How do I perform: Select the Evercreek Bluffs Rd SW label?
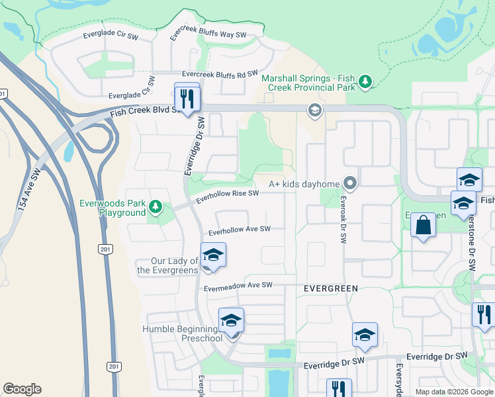click(x=220, y=74)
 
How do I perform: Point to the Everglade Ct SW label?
click(x=132, y=95)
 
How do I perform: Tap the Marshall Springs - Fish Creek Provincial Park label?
click(x=309, y=82)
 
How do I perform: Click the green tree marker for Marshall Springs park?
click(x=365, y=82)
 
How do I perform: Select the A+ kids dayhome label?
click(x=304, y=183)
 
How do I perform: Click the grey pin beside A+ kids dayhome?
click(x=350, y=183)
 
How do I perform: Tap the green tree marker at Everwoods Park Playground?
click(x=155, y=207)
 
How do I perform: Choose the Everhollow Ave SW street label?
click(x=240, y=230)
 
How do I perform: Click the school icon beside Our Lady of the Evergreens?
click(x=213, y=255)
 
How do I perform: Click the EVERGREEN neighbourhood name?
click(x=331, y=288)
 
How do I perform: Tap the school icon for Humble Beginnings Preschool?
click(x=231, y=320)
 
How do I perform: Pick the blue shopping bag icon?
click(x=423, y=226)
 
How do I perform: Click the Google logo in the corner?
click(x=22, y=389)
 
